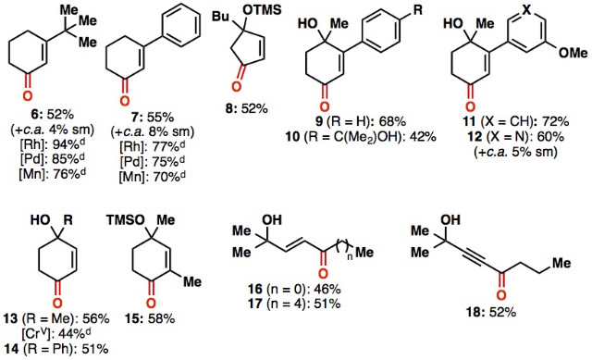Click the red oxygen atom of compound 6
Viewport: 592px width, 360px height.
click(27, 95)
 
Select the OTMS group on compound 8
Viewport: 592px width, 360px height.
click(263, 10)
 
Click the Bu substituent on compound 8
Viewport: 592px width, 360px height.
click(220, 17)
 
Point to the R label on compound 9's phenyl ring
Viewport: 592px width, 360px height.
click(417, 10)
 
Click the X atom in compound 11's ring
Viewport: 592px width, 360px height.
click(526, 10)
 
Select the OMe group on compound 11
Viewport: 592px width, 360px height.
click(573, 53)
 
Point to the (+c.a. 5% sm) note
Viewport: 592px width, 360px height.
click(516, 152)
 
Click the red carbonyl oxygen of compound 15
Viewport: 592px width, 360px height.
click(151, 303)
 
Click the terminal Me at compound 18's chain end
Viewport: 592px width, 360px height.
click(561, 263)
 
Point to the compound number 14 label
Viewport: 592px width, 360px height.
click(12, 349)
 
